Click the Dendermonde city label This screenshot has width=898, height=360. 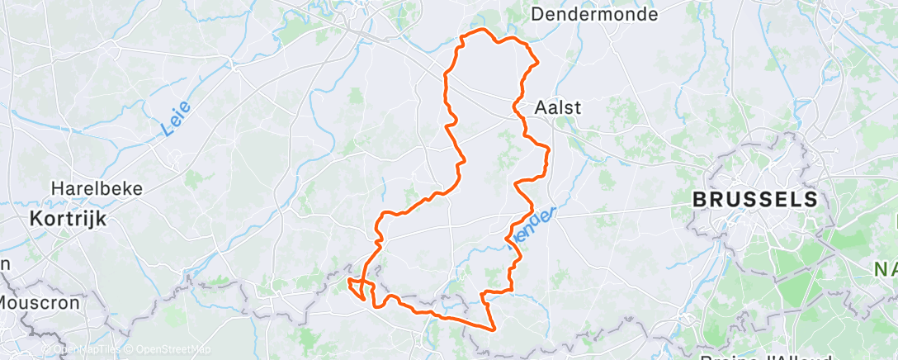(x=606, y=14)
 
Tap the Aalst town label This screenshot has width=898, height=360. (x=558, y=107)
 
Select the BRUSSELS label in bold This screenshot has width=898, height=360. (x=755, y=199)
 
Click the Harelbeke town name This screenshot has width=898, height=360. (x=97, y=188)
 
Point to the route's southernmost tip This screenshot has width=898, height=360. (x=493, y=329)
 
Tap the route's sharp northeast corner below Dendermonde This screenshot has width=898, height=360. (x=537, y=61)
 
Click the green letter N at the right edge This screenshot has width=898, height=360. (x=882, y=269)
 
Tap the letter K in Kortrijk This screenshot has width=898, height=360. (x=36, y=219)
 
